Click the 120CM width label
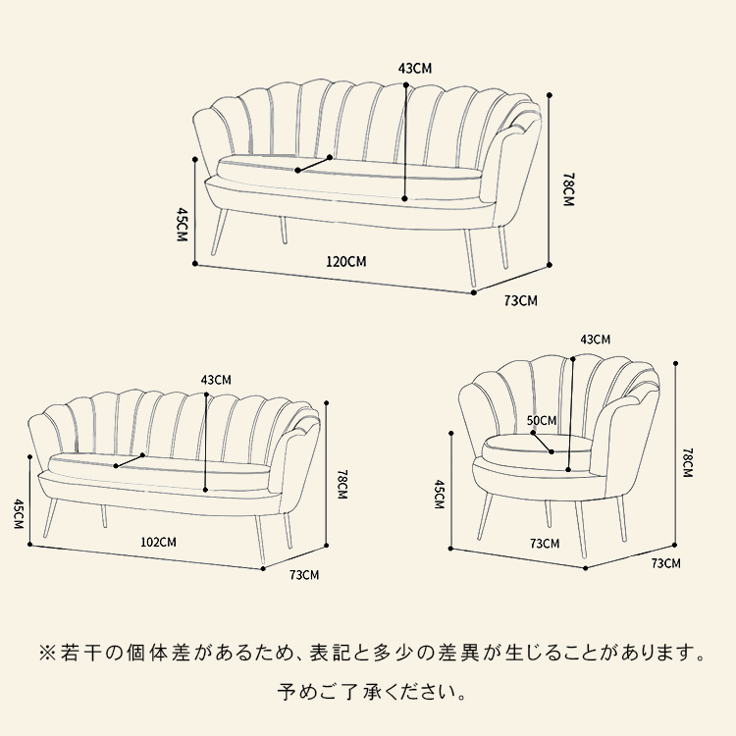346,261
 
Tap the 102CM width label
159,542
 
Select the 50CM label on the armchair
542,421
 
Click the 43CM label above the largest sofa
415,69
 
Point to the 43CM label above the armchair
596,339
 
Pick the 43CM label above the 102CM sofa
216,379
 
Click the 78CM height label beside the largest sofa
568,189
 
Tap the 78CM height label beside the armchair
687,462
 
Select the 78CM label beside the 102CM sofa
342,484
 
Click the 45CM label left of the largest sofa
182,225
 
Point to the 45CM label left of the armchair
439,495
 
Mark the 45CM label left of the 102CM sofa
18,514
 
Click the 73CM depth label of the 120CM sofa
520,300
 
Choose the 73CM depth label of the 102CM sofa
304,574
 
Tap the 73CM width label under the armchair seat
545,544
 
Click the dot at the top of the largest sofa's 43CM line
405,85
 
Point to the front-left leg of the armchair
486,516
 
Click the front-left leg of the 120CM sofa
220,232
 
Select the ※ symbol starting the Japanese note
47,653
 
